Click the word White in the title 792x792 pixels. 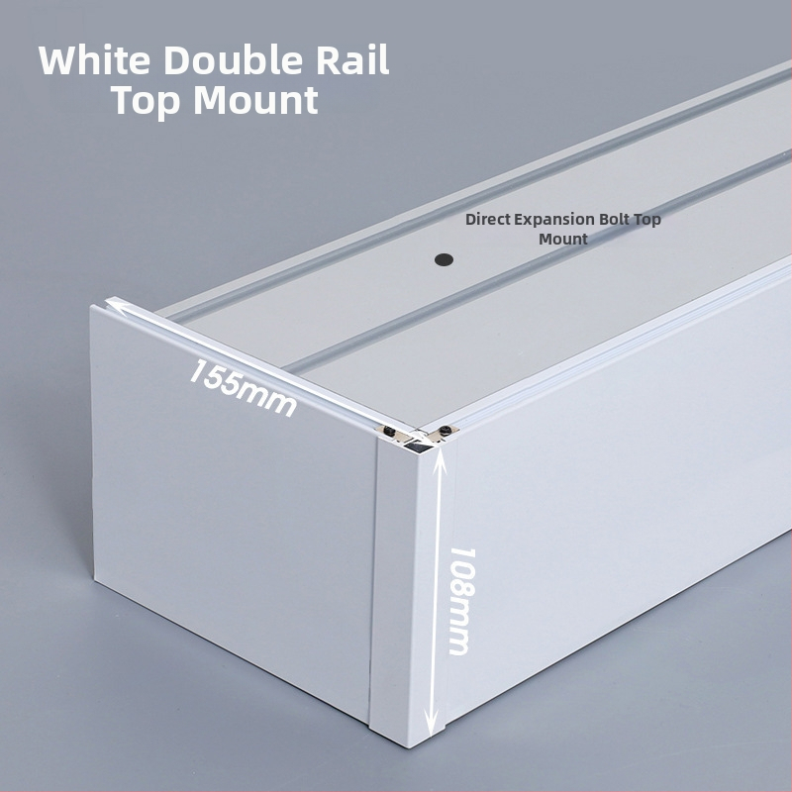point(94,60)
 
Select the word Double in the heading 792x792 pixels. point(234,60)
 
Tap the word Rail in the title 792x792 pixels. point(353,60)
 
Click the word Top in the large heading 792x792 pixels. point(146,100)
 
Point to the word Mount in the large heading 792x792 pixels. point(256,100)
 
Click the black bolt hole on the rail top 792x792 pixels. point(444,259)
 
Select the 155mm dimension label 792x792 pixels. point(243,388)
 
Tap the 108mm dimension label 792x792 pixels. point(462,601)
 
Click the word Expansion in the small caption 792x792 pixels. point(554,220)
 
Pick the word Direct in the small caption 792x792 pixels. point(487,219)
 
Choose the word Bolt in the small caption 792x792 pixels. point(614,219)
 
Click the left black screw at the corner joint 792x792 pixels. point(389,431)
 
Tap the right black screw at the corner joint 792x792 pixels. point(444,431)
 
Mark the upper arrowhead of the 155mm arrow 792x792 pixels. point(114,305)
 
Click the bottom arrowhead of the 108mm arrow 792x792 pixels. point(431,727)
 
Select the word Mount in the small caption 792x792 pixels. point(562,239)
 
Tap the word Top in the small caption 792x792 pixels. point(647,221)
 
